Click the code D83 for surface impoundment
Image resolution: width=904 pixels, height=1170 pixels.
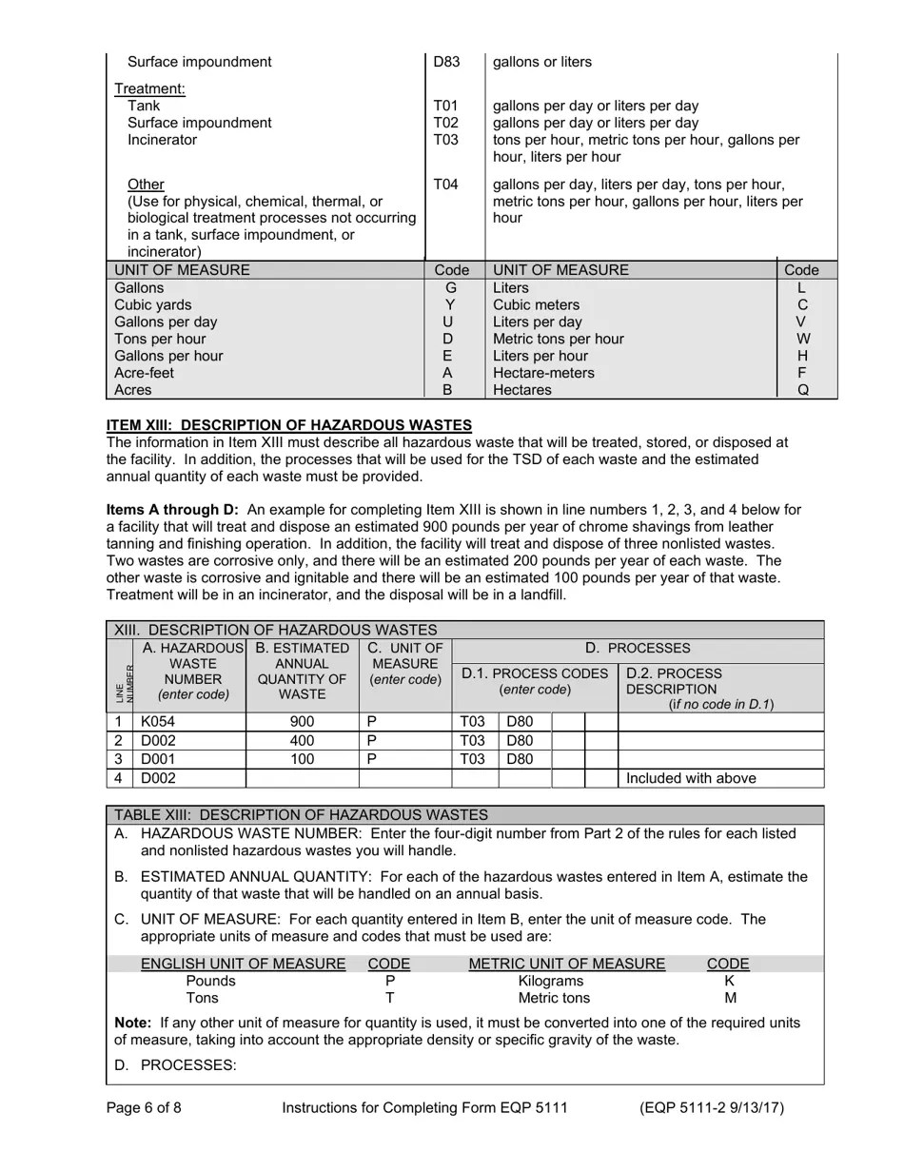(x=446, y=62)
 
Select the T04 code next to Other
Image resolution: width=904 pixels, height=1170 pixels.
(x=445, y=185)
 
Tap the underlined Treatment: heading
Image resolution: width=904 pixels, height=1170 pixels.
(x=149, y=89)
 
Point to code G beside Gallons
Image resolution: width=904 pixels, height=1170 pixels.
(x=451, y=287)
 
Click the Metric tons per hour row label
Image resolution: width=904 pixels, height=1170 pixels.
(x=558, y=339)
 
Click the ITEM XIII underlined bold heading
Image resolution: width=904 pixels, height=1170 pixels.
(x=288, y=424)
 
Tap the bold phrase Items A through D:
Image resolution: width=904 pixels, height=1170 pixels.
(x=172, y=510)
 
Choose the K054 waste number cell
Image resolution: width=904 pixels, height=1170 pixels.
(x=158, y=721)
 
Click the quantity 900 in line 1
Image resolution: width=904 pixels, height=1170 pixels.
(x=302, y=721)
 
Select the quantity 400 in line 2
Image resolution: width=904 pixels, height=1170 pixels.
(x=302, y=740)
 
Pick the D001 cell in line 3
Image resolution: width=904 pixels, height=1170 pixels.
(x=158, y=759)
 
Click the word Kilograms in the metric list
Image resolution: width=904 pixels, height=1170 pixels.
(x=551, y=981)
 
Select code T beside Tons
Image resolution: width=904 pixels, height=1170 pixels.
(x=389, y=998)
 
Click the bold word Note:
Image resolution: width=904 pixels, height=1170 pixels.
(x=133, y=1023)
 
